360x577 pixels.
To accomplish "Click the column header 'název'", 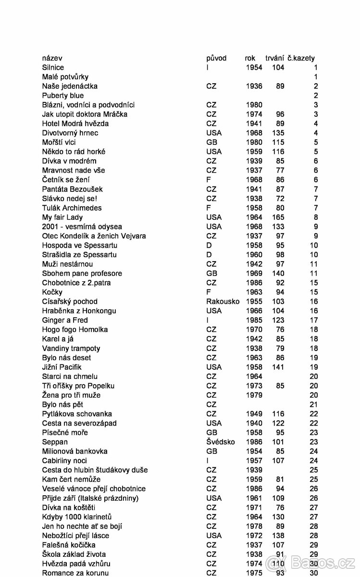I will (x=52, y=58).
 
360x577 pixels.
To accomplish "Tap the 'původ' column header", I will (x=216, y=58).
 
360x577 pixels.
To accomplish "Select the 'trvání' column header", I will (x=274, y=58).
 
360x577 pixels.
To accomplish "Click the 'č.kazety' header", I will (x=301, y=58).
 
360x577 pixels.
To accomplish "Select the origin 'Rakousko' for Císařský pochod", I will (x=223, y=301).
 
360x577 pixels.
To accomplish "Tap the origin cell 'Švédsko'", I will (x=221, y=442).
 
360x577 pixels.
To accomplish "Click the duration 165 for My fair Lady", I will (x=278, y=217).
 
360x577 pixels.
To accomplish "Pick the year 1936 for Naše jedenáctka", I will (x=254, y=86).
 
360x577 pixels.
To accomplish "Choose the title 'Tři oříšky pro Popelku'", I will (x=78, y=386).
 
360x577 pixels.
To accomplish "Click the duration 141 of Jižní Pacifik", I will (x=278, y=367).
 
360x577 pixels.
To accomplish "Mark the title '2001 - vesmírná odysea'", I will (x=82, y=226).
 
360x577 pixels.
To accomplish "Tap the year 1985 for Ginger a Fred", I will (x=254, y=320).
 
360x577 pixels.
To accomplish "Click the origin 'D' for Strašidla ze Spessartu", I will (x=209, y=254).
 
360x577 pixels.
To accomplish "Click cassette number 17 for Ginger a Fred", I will (x=314, y=320).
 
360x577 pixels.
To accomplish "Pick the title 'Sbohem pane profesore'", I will (x=82, y=274).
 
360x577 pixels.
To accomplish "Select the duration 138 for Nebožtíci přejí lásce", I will (x=278, y=536).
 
